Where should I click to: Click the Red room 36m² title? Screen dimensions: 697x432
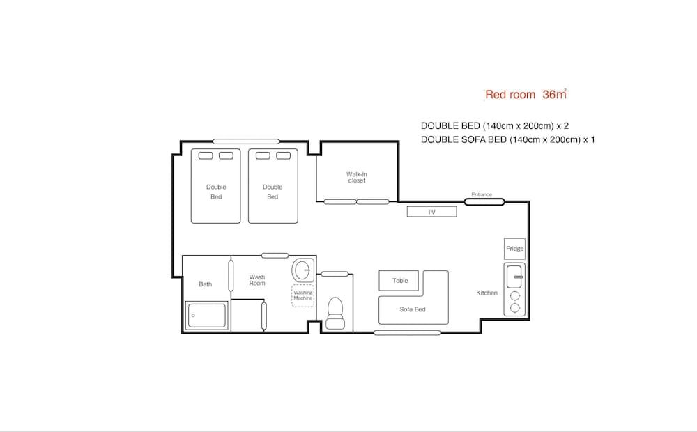pos(526,94)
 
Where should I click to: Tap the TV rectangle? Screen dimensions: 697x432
pos(431,212)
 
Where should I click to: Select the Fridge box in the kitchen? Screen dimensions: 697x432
pos(515,249)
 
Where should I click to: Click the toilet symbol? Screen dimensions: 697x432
pos(335,314)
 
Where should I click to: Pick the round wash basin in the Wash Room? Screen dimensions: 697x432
pos(302,270)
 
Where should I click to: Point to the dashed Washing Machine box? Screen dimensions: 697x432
pos(303,295)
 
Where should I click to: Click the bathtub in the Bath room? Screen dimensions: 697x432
pos(206,315)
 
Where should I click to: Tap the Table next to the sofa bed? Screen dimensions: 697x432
pos(399,280)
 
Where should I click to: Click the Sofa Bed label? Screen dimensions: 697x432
pos(413,309)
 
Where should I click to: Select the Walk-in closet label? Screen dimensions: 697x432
pos(356,178)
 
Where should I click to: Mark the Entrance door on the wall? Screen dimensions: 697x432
pos(484,202)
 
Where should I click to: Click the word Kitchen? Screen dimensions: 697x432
pos(487,293)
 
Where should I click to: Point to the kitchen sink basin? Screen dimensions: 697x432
pos(515,277)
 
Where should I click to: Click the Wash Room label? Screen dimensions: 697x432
pos(257,280)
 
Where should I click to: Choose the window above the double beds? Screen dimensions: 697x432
pos(246,141)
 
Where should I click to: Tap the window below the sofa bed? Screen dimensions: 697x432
pos(407,332)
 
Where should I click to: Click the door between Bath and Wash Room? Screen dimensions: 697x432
pos(231,275)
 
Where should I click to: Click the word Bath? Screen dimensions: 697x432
pos(206,284)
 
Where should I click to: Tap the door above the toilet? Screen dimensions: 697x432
pos(335,274)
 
